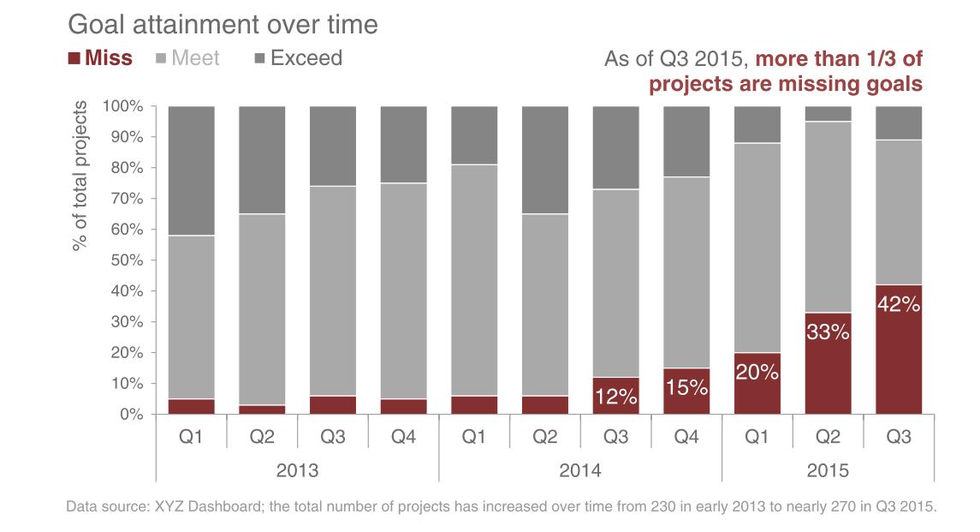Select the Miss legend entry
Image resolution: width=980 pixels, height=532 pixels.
pos(100,58)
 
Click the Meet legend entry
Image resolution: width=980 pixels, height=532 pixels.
pos(187,58)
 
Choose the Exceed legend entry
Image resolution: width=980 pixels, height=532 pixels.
pos(298,58)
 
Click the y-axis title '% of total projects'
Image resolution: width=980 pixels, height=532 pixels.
pos(80,176)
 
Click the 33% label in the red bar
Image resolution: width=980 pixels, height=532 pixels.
pos(828,332)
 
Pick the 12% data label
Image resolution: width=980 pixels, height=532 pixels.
pos(616,397)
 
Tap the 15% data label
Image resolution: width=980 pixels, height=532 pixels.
pos(686,388)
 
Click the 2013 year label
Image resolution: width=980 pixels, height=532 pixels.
pos(297,470)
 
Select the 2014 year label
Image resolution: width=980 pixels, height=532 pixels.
pos(580,470)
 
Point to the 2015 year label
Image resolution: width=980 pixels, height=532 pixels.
pos(828,470)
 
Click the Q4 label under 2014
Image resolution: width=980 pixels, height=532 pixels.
pos(686,437)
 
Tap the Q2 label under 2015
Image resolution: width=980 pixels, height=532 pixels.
pos(828,437)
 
